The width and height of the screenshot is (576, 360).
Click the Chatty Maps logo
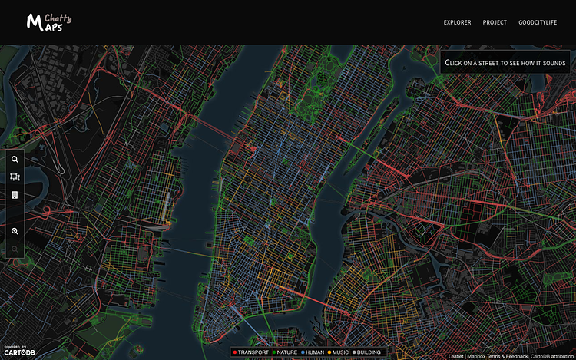click(48, 21)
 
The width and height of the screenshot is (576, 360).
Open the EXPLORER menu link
click(457, 22)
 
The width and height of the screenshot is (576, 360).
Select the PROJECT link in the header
click(495, 22)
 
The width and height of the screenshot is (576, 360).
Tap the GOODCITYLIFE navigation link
click(541, 22)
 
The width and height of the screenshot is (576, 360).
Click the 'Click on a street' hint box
click(505, 62)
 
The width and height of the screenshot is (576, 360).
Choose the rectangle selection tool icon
click(15, 177)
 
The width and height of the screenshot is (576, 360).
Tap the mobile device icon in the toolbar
click(15, 195)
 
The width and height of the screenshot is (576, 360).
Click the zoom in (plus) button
click(15, 231)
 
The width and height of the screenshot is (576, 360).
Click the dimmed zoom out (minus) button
click(15, 249)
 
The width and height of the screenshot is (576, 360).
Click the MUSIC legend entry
click(339, 352)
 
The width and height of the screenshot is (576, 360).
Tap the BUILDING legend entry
click(368, 352)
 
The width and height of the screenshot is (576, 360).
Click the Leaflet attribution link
click(456, 356)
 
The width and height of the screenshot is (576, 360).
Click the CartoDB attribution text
click(552, 356)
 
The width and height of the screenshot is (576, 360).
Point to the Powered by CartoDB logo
click(18, 352)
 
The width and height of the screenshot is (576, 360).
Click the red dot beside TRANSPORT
click(235, 352)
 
